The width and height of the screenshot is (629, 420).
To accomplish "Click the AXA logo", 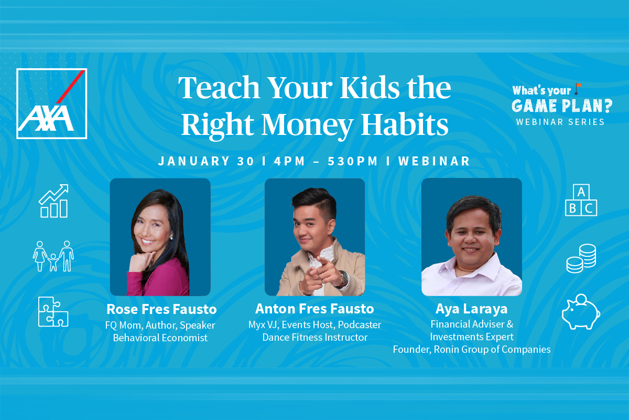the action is (52, 103).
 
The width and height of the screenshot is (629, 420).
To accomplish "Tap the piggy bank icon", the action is (581, 311).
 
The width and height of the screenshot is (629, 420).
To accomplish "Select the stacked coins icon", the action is (581, 258).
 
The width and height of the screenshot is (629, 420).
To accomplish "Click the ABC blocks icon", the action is (581, 200).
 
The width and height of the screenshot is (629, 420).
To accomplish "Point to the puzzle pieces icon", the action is (53, 312).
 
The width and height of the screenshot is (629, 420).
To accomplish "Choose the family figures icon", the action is (53, 256).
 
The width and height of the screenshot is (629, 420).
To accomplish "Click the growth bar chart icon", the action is (53, 201).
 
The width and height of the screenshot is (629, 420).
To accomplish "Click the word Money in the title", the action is (307, 125).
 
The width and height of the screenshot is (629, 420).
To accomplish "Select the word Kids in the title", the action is (370, 88).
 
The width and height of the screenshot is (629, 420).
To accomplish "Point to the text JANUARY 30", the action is (206, 161).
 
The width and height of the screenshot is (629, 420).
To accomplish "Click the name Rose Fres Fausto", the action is (161, 309).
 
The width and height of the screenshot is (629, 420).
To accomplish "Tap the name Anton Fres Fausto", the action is (314, 309).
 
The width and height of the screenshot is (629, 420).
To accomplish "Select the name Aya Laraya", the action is (471, 309).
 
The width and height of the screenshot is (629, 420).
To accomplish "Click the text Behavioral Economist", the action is (160, 338).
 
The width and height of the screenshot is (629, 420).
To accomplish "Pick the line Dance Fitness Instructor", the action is (315, 337).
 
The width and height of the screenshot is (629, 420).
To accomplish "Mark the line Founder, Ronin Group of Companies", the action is (471, 350).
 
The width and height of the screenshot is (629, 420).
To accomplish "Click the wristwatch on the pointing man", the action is (344, 277).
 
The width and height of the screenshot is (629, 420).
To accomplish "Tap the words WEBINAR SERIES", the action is (560, 122).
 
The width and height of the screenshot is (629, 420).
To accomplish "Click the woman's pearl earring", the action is (172, 238).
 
